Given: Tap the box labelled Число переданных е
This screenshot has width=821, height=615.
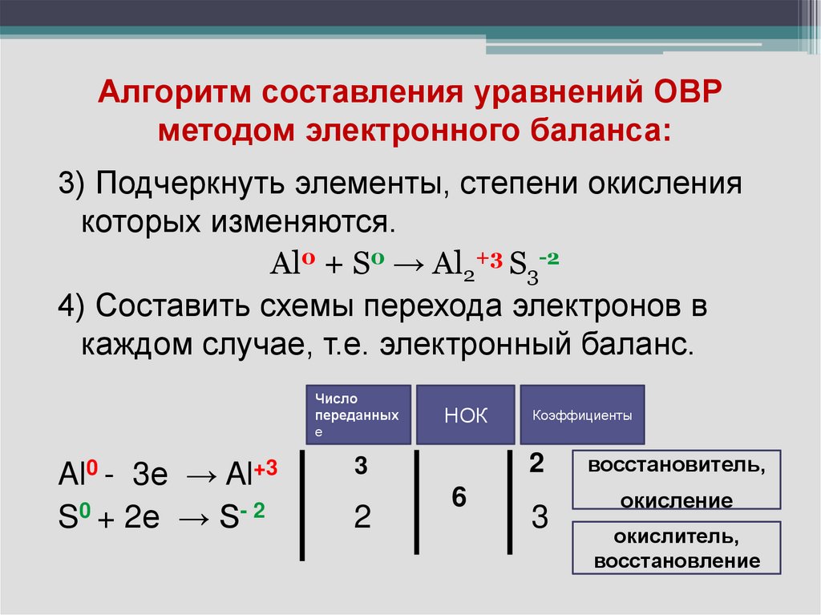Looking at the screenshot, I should [358, 415].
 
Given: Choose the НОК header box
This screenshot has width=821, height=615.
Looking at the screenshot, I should [466, 415].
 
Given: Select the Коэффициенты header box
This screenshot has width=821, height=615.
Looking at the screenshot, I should [582, 415].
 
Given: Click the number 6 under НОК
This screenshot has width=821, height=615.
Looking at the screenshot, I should [459, 498].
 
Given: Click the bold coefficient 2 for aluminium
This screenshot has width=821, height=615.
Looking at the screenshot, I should [537, 463].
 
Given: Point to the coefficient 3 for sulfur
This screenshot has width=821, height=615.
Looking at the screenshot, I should [540, 519].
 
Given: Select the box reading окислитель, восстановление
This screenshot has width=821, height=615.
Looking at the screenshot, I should [676, 548].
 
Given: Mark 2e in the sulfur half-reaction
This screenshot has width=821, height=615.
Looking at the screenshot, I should [144, 519].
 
